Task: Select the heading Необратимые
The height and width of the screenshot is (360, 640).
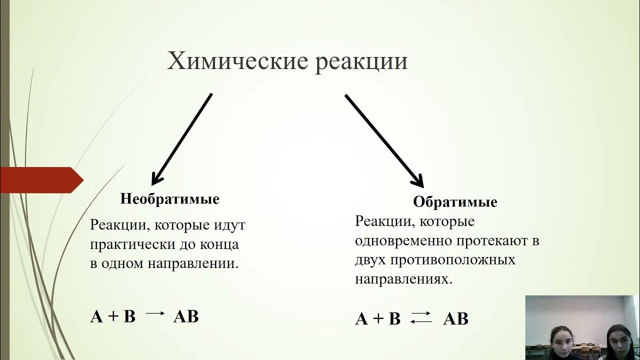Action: click(169, 199)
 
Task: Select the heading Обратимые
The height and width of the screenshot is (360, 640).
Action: click(455, 202)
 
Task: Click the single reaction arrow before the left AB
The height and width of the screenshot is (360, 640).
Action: click(155, 314)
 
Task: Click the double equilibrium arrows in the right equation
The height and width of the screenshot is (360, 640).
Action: click(421, 317)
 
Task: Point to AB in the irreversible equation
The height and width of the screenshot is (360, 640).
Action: click(186, 316)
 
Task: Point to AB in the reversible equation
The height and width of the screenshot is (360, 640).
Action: click(455, 319)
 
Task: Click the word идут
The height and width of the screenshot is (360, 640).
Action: click(229, 225)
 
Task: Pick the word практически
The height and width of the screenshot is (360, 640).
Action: click(131, 245)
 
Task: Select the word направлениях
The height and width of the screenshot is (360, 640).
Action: click(403, 279)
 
